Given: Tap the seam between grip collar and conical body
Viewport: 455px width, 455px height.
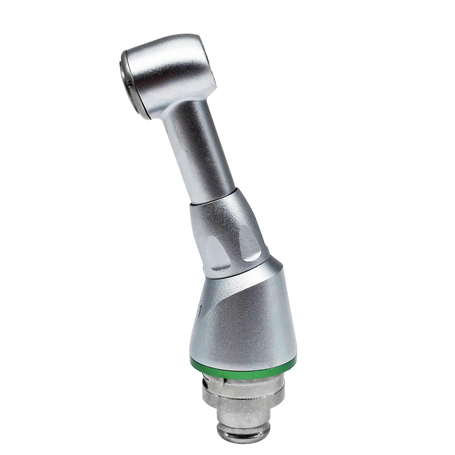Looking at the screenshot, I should point(241,271).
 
